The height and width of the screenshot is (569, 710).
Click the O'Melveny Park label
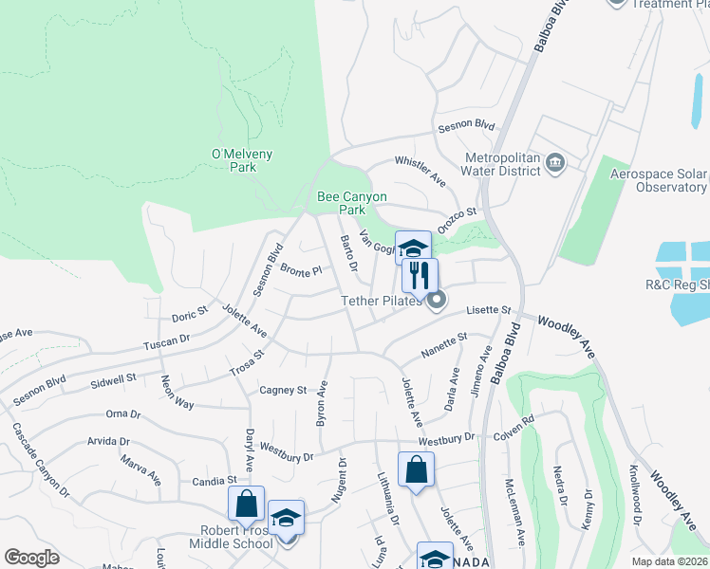pos(234,160)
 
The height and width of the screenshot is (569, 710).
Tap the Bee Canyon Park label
pos(352,203)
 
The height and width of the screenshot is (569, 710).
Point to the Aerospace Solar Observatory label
pos(659,180)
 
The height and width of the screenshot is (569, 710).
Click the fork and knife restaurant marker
pos(418,276)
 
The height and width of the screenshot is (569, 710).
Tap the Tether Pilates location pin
pos(437,302)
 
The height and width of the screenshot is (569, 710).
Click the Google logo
pos(32,558)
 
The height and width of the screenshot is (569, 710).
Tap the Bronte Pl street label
pos(302,270)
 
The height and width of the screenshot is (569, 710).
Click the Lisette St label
pos(488,310)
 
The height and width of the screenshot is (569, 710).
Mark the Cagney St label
pos(283,390)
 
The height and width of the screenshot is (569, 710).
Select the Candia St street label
pos(215,481)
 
